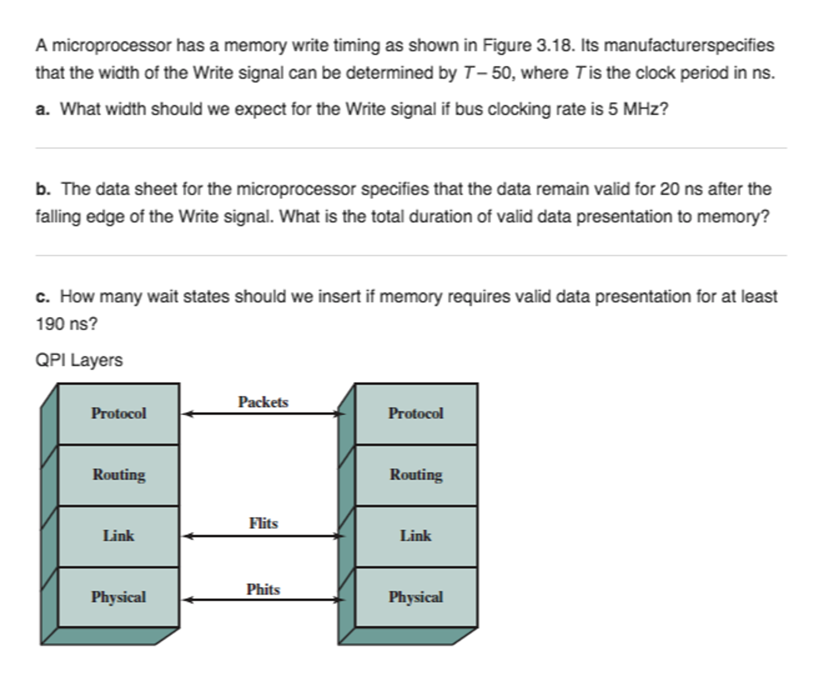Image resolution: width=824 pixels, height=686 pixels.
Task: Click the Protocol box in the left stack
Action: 118,414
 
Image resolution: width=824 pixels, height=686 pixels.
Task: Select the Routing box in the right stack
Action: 416,475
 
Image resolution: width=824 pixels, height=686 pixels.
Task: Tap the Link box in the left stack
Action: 118,536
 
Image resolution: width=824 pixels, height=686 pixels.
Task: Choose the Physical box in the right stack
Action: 416,597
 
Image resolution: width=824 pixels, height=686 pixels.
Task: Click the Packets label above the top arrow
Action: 263,402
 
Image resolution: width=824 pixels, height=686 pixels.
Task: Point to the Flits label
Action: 263,523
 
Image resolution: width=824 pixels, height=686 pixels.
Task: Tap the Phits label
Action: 263,589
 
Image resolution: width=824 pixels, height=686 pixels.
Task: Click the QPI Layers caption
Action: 79,360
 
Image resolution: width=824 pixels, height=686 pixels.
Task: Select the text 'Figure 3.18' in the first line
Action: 527,45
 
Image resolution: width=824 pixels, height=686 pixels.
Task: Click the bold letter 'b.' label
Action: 43,189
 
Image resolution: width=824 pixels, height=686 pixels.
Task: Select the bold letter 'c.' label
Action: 43,297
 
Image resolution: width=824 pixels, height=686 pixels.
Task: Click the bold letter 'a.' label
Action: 43,109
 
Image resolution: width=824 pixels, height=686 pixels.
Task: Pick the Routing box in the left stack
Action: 118,475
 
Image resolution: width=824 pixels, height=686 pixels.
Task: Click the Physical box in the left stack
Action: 118,597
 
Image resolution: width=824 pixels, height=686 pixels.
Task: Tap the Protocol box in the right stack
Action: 416,414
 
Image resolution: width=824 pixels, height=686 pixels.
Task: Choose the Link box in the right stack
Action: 416,536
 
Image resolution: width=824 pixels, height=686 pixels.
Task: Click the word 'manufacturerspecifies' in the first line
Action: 689,45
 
